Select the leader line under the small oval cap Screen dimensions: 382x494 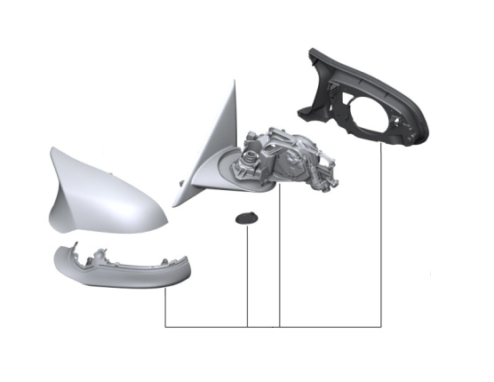(x=248, y=275)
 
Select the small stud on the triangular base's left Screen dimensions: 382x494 (x=181, y=184)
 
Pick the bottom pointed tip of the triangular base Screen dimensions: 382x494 (x=177, y=205)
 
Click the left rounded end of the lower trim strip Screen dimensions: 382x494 (x=56, y=259)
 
